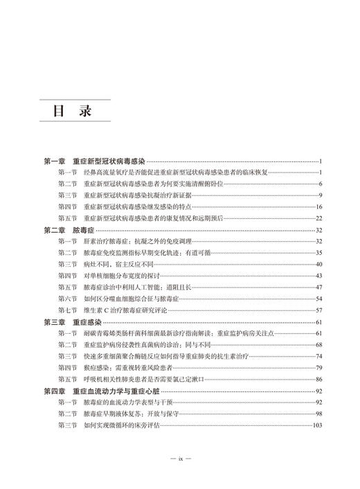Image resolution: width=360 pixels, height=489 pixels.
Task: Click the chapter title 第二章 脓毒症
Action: coord(69,229)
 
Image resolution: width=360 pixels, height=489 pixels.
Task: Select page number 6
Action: coord(321,184)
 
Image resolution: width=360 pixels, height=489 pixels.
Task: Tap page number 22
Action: coord(319,218)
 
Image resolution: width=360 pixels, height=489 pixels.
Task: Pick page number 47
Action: coord(319,287)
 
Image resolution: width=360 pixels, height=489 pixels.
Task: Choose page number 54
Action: coord(319,299)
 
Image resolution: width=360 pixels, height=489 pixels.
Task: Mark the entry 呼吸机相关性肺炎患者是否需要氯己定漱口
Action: coord(152,379)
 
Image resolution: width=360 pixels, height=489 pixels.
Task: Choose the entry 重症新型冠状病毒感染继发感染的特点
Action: coord(141,206)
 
